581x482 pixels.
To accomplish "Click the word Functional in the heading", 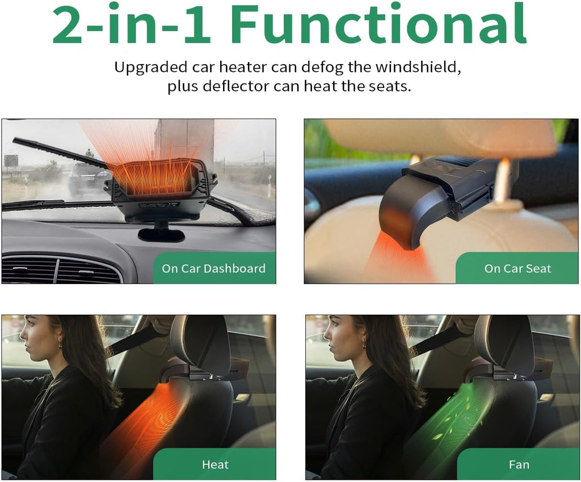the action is pyautogui.click(x=378, y=24).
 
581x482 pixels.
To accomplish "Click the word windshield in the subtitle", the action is pyautogui.click(x=418, y=67).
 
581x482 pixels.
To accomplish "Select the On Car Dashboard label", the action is pyautogui.click(x=213, y=268).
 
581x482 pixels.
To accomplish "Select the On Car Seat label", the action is pyautogui.click(x=517, y=268).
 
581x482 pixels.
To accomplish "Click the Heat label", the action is pyautogui.click(x=215, y=464).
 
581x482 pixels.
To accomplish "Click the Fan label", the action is pyautogui.click(x=519, y=464).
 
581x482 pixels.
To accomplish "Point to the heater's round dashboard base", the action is pyautogui.click(x=162, y=234).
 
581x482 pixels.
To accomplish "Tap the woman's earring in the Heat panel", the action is pyautogui.click(x=59, y=346).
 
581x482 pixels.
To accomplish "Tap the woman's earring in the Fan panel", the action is pyautogui.click(x=364, y=346).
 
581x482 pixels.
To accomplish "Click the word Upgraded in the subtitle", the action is pyautogui.click(x=151, y=67).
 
